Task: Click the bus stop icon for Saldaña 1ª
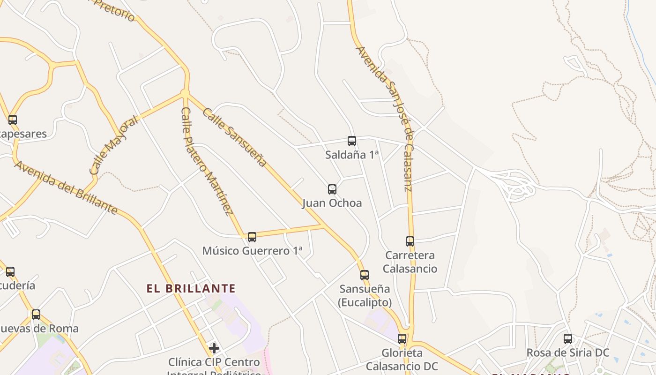[351, 141]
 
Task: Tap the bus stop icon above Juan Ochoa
[332, 189]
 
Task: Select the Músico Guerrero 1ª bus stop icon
[252, 237]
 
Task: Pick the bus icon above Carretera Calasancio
[410, 241]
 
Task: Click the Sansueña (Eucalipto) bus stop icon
[364, 275]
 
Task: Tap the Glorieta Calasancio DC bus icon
[402, 339]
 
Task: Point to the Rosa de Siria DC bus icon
[567, 338]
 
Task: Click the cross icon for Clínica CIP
[214, 348]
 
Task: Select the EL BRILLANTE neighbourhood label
[191, 288]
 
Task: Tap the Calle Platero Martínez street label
[207, 161]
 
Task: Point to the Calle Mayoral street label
[114, 145]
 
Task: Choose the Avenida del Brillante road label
[66, 187]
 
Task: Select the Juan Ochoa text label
[332, 203]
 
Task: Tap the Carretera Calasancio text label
[410, 262]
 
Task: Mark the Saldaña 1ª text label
[351, 155]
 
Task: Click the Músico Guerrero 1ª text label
[252, 251]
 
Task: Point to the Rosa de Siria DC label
[567, 352]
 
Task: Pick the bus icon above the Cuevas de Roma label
[36, 315]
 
